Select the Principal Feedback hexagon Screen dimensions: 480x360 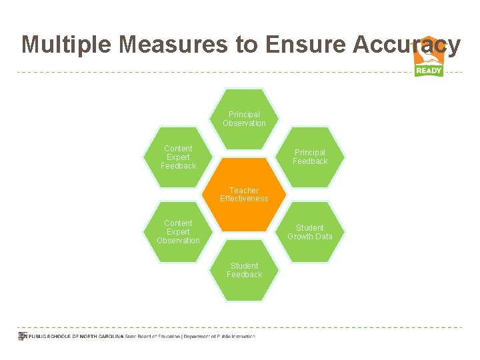click(x=310, y=157)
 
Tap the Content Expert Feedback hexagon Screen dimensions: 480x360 click(x=178, y=157)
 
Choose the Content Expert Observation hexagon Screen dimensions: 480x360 click(x=178, y=231)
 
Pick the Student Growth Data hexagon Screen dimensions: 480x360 click(x=310, y=231)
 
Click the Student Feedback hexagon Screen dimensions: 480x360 click(x=244, y=270)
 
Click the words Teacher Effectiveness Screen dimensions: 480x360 click(x=244, y=194)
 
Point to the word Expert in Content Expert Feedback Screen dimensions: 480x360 click(x=178, y=157)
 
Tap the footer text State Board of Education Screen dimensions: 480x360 click(x=153, y=337)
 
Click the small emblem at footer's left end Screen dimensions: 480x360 click(x=21, y=337)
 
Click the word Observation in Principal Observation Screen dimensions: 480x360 click(x=244, y=123)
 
